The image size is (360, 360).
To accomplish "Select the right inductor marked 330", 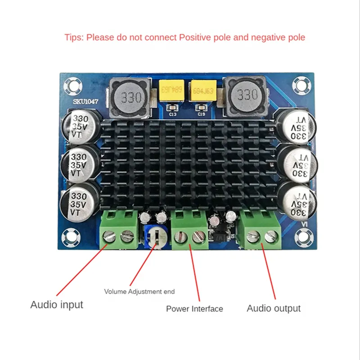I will coord(246,95).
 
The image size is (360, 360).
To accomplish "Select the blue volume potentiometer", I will coord(154,237).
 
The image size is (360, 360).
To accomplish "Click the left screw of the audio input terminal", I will coord(110,235).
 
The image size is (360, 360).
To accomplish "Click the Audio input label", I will coord(57,305).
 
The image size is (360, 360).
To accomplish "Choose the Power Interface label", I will coord(194,309).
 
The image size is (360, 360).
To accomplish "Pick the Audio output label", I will coord(274,308).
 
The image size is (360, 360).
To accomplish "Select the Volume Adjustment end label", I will coord(139,292).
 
